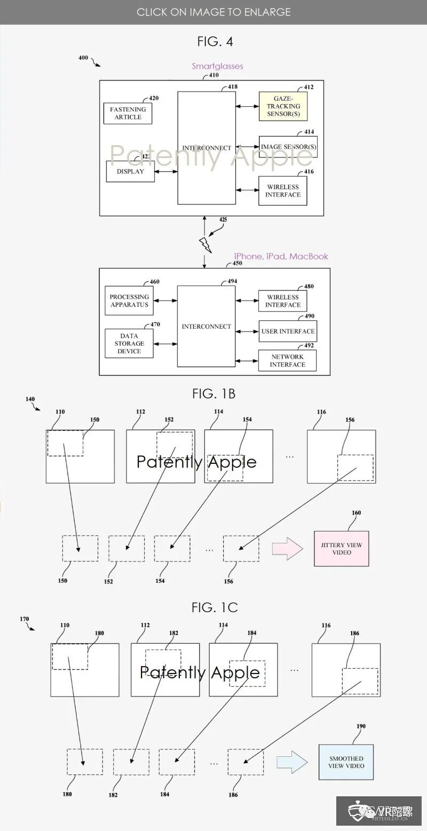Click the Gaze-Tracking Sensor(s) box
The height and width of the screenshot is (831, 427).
283,106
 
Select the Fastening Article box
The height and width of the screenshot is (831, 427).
128,114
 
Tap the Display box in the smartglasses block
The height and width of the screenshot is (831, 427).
130,172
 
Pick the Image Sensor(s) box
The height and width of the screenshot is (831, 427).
288,147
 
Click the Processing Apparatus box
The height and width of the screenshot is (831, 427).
129,301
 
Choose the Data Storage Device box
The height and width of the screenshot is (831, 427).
129,343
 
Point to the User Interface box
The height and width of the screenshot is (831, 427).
288,331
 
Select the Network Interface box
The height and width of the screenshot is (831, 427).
287,361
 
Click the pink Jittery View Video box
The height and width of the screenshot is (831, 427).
342,549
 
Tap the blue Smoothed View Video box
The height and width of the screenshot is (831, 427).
346,762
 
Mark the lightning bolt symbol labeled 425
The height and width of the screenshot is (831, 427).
205,245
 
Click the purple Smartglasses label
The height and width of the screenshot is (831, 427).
217,66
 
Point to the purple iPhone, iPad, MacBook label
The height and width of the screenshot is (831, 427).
281,256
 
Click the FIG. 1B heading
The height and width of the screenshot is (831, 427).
213,394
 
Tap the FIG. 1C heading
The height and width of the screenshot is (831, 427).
213,607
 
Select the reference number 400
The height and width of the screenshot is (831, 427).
83,58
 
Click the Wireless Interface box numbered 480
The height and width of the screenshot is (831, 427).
283,301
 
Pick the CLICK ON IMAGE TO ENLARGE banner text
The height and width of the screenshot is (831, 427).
213,12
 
